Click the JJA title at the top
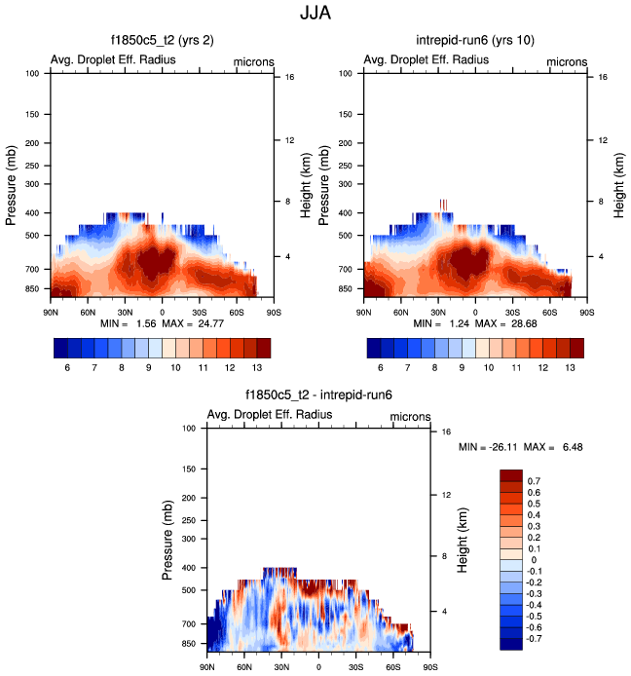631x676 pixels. (315, 16)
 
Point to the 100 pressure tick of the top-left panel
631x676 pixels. (31, 73)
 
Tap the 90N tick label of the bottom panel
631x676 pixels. (206, 667)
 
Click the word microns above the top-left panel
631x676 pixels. (254, 61)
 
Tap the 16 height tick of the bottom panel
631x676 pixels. (445, 431)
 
